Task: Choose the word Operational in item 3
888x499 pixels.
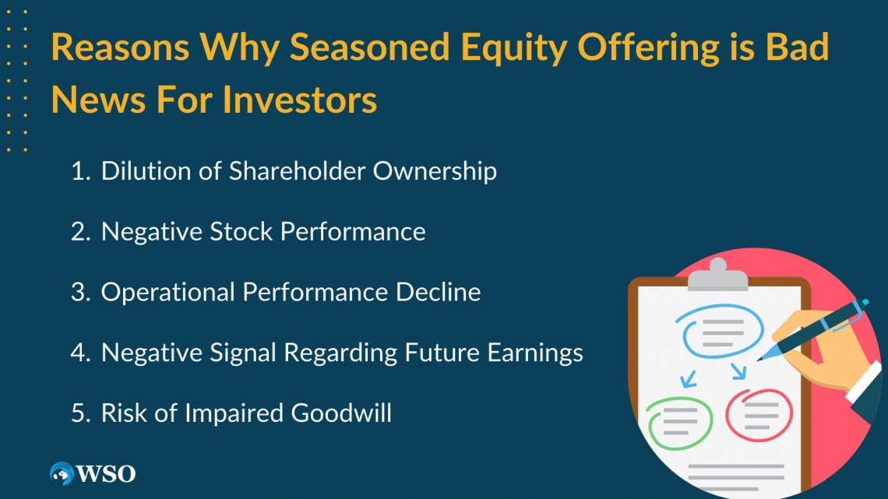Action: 167,292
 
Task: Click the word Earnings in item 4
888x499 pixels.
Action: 535,353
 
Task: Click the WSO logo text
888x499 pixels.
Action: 105,473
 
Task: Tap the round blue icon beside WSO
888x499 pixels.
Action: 62,473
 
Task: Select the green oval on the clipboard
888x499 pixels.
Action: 679,423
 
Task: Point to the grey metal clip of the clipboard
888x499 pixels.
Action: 717,276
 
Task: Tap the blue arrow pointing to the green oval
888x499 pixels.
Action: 689,378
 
